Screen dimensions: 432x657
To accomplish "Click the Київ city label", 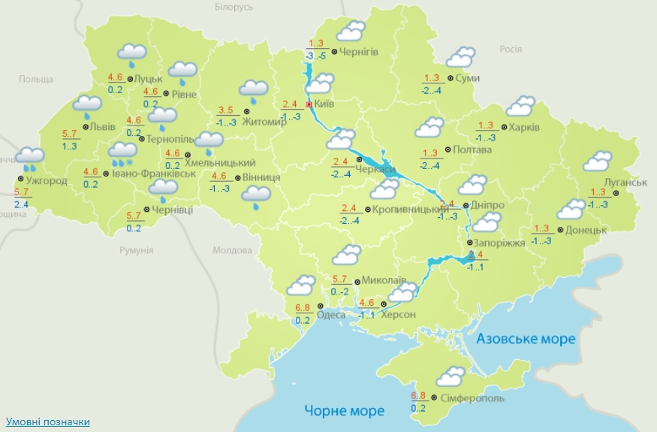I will [324, 104].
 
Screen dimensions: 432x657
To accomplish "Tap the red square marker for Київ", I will [309, 105].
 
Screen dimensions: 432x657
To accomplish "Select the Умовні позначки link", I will [47, 421].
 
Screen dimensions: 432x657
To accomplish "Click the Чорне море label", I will [344, 410].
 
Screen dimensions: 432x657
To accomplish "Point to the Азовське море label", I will [526, 339].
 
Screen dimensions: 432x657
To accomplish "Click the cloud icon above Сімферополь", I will [451, 376].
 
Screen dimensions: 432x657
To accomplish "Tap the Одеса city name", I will [331, 315].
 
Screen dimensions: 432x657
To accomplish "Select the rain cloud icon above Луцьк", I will [133, 54].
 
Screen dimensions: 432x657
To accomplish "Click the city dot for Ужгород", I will [20, 179].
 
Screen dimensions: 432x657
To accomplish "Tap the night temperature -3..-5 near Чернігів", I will [315, 56].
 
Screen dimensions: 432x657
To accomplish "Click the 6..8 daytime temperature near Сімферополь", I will [419, 395].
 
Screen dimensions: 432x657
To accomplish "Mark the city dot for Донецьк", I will [561, 230].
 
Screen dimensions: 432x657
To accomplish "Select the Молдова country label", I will [232, 250].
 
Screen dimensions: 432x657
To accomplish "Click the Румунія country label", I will [137, 249].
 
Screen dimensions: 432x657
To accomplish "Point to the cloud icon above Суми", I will [460, 57].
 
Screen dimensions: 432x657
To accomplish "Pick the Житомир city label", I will [264, 123].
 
